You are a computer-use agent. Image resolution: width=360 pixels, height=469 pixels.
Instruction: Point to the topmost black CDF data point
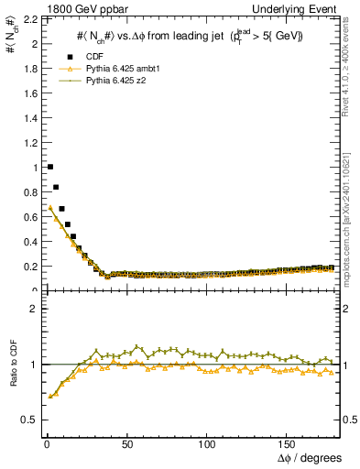pyautogui.click(x=49, y=167)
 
